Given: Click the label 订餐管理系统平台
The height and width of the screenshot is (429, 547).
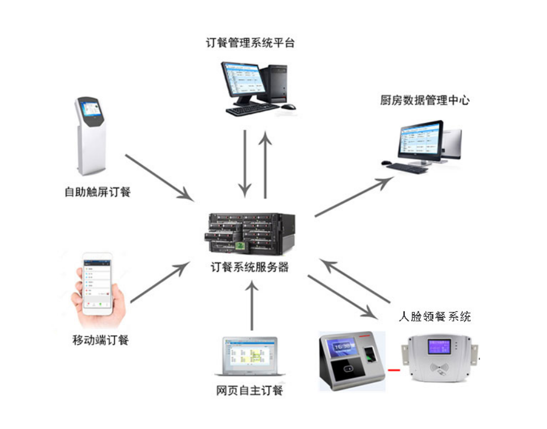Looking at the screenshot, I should point(250,43).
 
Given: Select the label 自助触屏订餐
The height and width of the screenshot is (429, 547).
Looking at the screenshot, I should point(98,192).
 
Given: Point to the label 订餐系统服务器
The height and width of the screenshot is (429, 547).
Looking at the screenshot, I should point(250,267).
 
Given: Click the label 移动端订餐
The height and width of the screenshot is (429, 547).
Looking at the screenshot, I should point(100,340).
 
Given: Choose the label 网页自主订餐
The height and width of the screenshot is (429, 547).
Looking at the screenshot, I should point(250,391).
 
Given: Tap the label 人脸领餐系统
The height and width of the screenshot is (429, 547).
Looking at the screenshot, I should point(435,316).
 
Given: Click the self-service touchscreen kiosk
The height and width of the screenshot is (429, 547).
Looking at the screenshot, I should point(90,135).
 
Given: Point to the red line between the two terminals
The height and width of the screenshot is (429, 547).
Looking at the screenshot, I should point(394,370).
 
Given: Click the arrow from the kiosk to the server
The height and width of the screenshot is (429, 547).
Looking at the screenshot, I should point(160,177).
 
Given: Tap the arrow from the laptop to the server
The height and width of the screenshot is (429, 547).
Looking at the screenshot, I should point(251,306).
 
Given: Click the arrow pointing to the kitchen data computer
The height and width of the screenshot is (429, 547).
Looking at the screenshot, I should point(354,197).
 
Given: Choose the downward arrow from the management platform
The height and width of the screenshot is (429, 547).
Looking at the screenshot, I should point(245,163).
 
